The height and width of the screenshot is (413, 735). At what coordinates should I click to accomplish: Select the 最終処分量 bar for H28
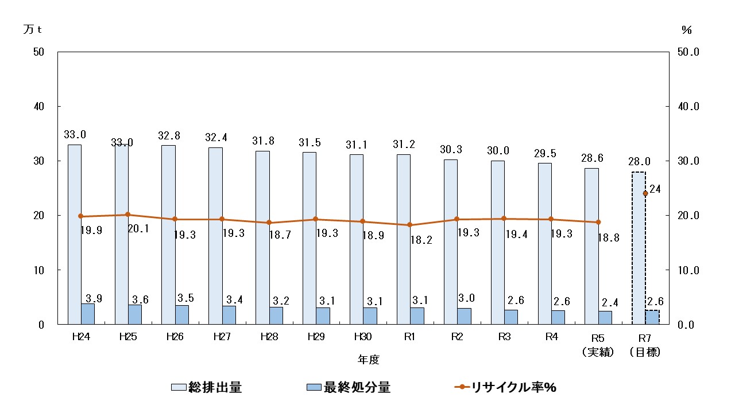pyautogui.click(x=276, y=315)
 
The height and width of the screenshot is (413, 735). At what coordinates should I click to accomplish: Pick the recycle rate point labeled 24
pyautogui.click(x=645, y=193)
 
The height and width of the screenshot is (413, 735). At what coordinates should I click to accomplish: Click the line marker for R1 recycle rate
pyautogui.click(x=409, y=225)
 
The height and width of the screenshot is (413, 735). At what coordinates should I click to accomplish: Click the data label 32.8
pyautogui.click(x=169, y=136)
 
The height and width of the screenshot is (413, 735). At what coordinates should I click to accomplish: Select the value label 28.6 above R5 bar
pyautogui.click(x=592, y=159)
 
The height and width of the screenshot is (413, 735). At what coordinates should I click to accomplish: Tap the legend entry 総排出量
pyautogui.click(x=207, y=388)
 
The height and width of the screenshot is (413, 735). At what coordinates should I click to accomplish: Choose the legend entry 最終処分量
pyautogui.click(x=349, y=388)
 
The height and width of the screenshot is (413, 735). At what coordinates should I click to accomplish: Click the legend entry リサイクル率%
pyautogui.click(x=505, y=388)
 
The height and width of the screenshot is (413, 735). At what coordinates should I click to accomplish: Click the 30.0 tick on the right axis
pyautogui.click(x=687, y=161)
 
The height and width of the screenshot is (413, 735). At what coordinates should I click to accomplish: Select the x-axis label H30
pyautogui.click(x=362, y=337)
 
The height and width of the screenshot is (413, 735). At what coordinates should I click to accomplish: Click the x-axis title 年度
pyautogui.click(x=368, y=360)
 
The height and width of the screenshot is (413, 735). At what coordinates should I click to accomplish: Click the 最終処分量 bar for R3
pyautogui.click(x=510, y=317)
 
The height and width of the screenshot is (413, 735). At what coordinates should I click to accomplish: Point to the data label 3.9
pyautogui.click(x=94, y=298)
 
